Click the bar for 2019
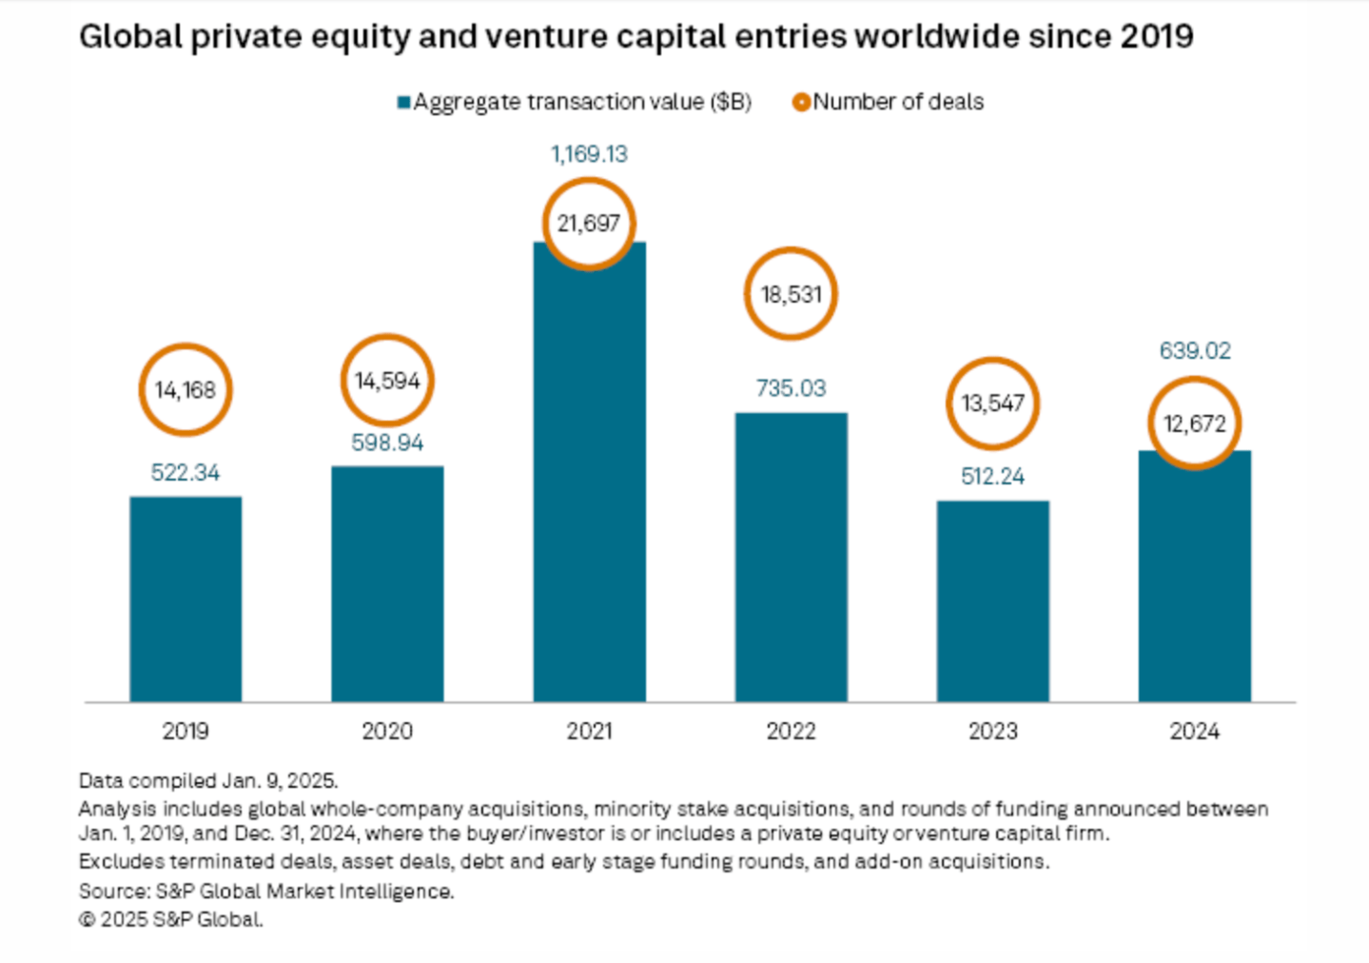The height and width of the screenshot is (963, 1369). click(186, 599)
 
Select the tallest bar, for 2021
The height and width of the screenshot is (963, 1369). click(589, 476)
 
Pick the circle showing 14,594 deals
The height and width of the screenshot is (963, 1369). click(387, 381)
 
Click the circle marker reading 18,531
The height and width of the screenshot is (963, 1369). click(791, 294)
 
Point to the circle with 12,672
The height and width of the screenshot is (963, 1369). click(1194, 423)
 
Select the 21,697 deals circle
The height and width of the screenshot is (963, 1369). click(589, 224)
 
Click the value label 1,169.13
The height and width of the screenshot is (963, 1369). click(589, 154)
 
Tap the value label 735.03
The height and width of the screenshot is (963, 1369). click(791, 388)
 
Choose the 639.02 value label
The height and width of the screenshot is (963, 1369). click(1194, 351)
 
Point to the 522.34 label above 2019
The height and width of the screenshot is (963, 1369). click(186, 473)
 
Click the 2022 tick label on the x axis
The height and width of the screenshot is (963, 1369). click(791, 731)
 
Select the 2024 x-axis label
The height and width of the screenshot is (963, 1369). click(1194, 731)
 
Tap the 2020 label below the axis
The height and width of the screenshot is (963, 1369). click(387, 731)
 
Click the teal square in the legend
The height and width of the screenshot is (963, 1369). click(404, 103)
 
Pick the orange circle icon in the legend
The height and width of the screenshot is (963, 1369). click(801, 103)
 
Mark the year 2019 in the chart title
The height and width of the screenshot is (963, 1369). click(1156, 37)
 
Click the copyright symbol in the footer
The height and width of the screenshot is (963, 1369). click(87, 920)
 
